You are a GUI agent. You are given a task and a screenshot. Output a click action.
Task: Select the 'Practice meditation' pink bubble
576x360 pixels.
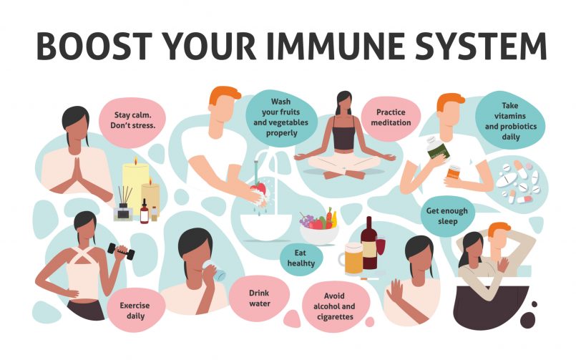(x=391, y=118)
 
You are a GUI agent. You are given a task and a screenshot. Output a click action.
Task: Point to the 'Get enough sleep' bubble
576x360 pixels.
(x=447, y=216)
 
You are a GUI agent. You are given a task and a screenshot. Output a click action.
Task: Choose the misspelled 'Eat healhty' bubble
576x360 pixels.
(x=301, y=258)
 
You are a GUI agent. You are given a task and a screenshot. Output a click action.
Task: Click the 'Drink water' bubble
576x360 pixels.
(x=259, y=298)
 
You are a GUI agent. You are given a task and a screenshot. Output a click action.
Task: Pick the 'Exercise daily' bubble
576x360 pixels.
(x=135, y=311)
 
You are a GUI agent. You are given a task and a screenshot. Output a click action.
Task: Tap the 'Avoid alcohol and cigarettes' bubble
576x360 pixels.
(x=334, y=306)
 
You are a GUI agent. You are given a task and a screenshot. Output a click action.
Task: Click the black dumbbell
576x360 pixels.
(x=121, y=252)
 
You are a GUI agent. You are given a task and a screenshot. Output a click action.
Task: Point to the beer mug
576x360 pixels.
(x=352, y=258)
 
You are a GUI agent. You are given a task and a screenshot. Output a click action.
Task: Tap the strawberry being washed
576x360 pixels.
(x=259, y=188)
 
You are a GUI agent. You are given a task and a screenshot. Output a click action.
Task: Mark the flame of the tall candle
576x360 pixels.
(x=135, y=160)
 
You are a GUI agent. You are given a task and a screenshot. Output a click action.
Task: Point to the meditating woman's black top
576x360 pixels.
(x=344, y=135)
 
